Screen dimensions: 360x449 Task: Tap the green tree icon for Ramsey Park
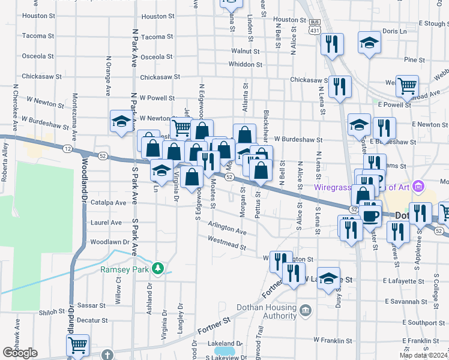(x=158, y=268)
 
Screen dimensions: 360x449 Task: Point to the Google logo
(x=20, y=353)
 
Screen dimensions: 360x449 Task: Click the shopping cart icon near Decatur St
(x=77, y=345)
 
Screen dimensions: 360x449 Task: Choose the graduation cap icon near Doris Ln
(x=369, y=43)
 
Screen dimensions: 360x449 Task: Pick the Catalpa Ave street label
(x=109, y=203)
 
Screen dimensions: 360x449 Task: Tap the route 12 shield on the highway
(x=67, y=148)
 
